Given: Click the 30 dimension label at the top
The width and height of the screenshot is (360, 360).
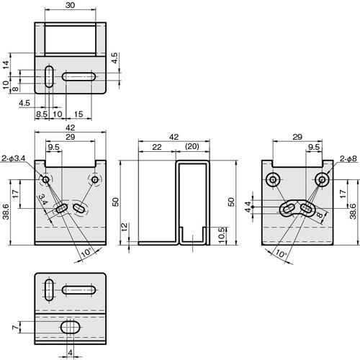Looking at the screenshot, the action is tap(70, 5).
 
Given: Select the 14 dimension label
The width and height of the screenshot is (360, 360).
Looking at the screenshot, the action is tap(6, 65).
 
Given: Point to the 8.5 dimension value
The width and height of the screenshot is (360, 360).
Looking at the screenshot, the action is tap(42, 114).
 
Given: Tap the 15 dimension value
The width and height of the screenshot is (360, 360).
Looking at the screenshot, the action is tap(78, 114).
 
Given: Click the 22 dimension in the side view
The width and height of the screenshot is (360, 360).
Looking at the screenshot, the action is tap(157, 147).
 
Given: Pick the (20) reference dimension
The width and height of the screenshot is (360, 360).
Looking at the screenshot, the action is tap(192, 146).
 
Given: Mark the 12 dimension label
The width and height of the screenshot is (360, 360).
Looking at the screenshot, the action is tap(125, 227).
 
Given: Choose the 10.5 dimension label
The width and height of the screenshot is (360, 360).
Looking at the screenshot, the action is tap(222, 235).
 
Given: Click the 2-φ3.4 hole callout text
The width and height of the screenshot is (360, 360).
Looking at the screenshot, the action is tap(13, 158).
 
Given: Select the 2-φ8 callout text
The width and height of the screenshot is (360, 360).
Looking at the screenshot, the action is tap(348, 158).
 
